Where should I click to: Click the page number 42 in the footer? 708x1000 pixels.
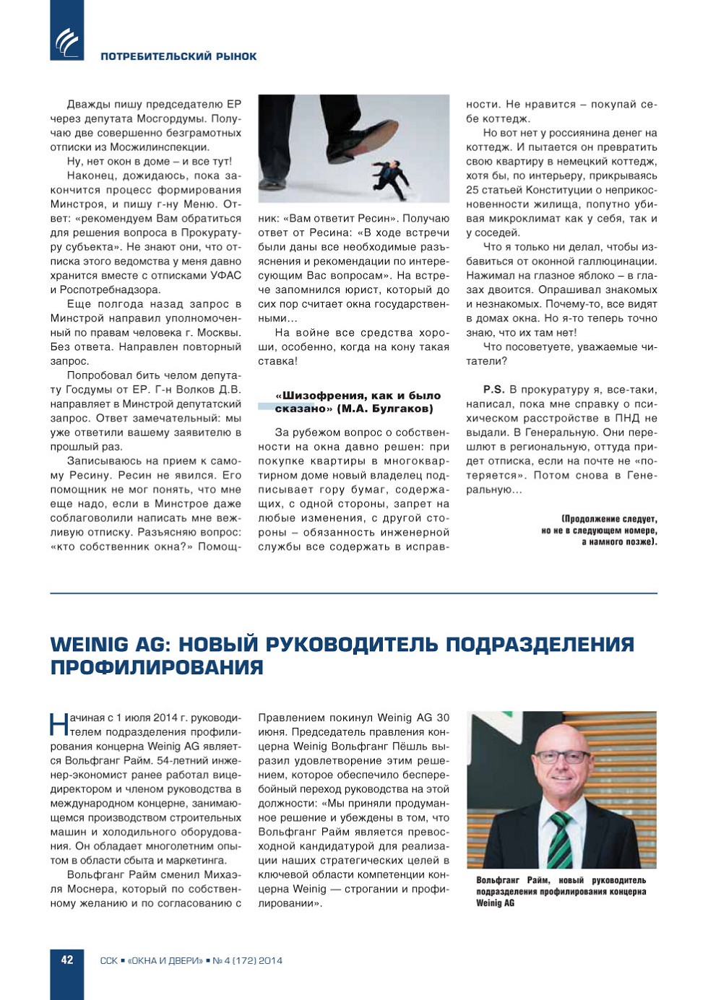pyautogui.click(x=67, y=960)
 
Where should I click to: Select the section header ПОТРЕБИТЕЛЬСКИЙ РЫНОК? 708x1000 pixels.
pyautogui.click(x=178, y=56)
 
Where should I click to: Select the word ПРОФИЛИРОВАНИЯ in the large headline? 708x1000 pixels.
pyautogui.click(x=157, y=667)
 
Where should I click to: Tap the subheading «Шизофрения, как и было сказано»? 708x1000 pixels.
pyautogui.click(x=358, y=401)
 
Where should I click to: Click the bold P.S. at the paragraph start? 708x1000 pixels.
pyautogui.click(x=493, y=389)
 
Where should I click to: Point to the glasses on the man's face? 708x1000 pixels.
pyautogui.click(x=562, y=757)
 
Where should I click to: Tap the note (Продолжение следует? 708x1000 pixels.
pyautogui.click(x=609, y=518)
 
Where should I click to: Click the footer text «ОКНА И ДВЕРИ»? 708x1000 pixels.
pyautogui.click(x=165, y=960)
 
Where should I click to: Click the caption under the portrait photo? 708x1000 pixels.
pyautogui.click(x=561, y=891)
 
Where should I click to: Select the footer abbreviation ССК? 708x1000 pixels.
pyautogui.click(x=108, y=960)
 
